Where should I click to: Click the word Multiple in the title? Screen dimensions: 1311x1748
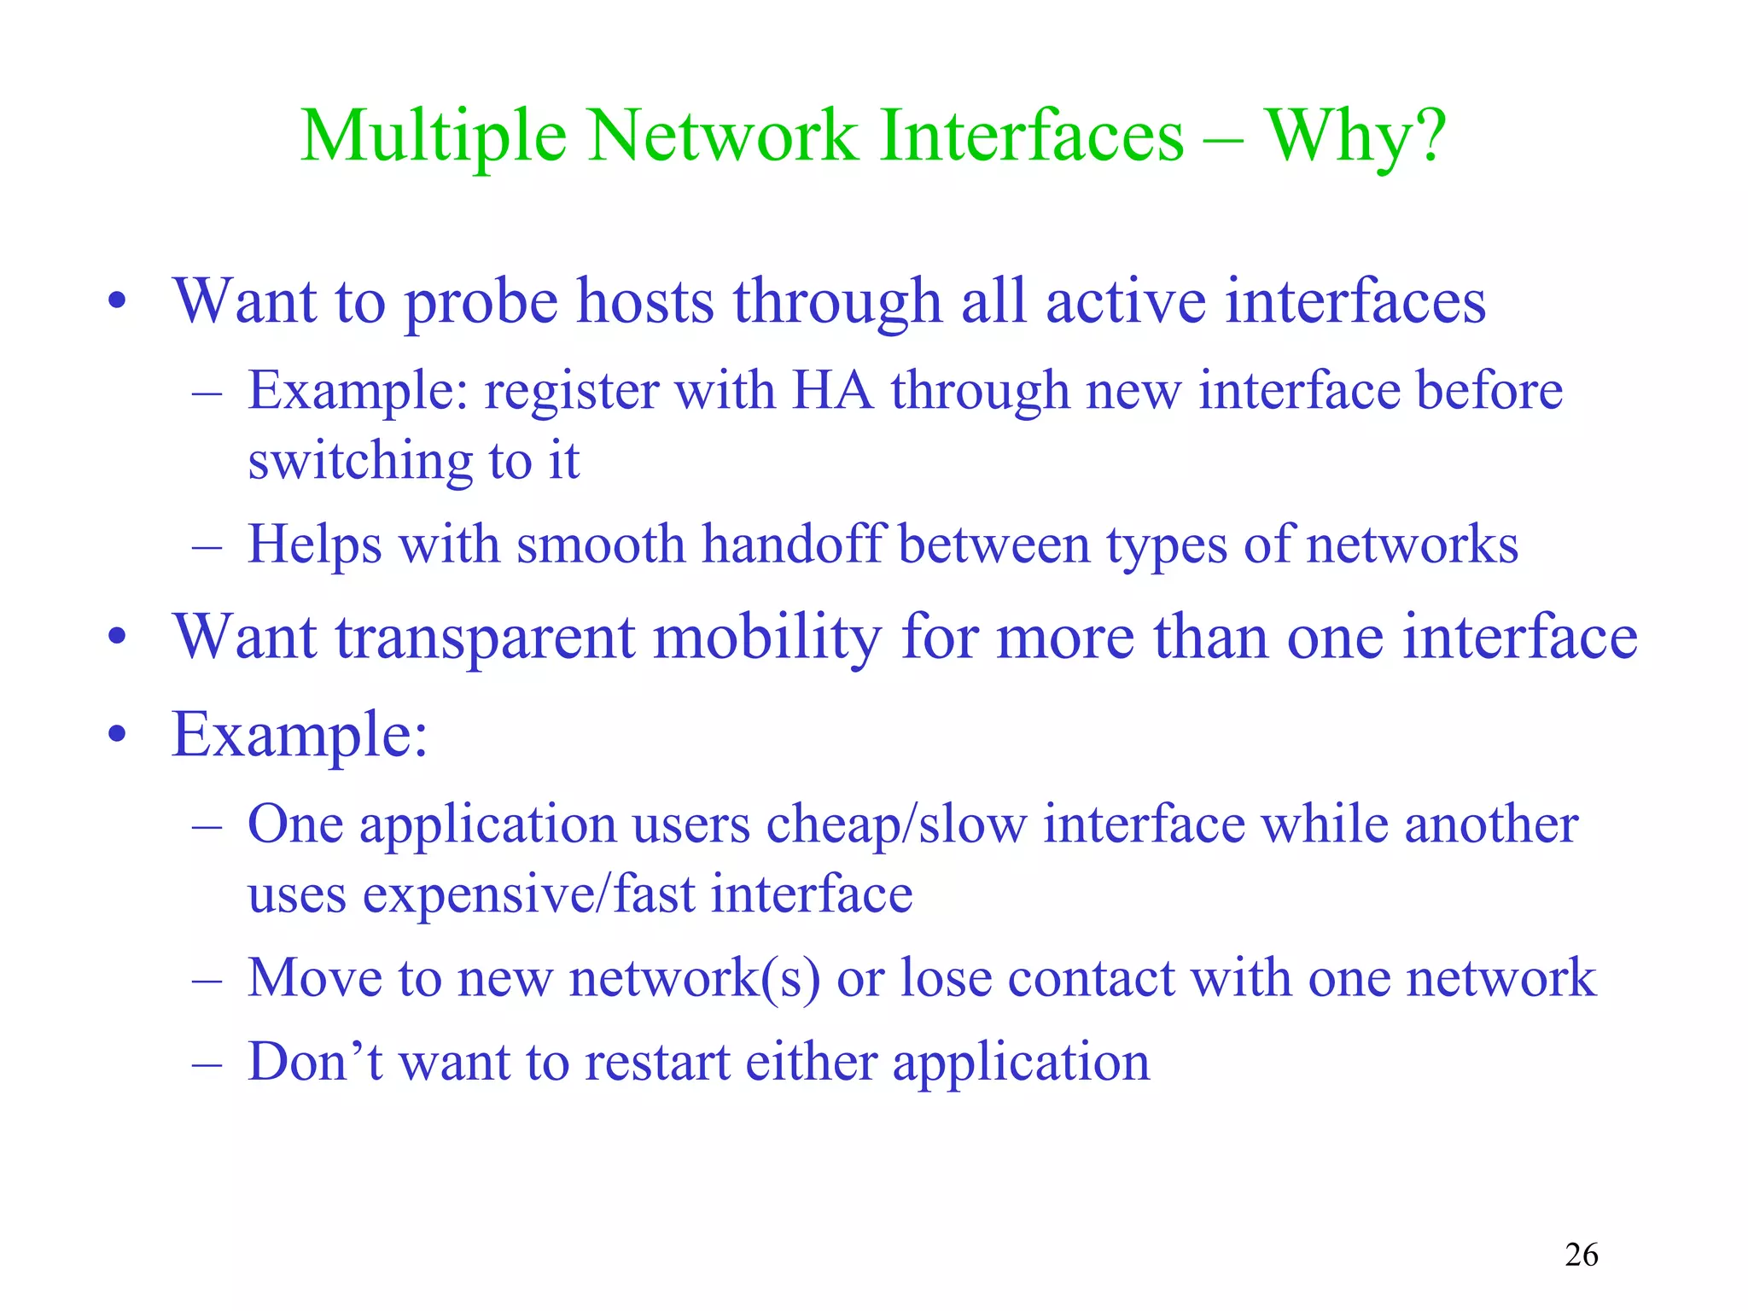pos(434,137)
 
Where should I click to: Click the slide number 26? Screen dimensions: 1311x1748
pos(1582,1255)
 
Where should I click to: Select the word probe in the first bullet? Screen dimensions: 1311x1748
pos(481,303)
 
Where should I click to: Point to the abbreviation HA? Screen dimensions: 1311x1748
pos(833,391)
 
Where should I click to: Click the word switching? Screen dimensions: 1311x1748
pos(359,462)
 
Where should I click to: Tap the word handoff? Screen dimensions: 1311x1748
pos(791,544)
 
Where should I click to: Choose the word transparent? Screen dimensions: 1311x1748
pos(485,638)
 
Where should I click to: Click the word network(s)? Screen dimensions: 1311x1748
pos(695,977)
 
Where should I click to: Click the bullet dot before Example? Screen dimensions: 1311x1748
pos(118,734)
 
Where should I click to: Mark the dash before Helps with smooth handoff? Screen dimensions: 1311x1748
pos(207,545)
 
